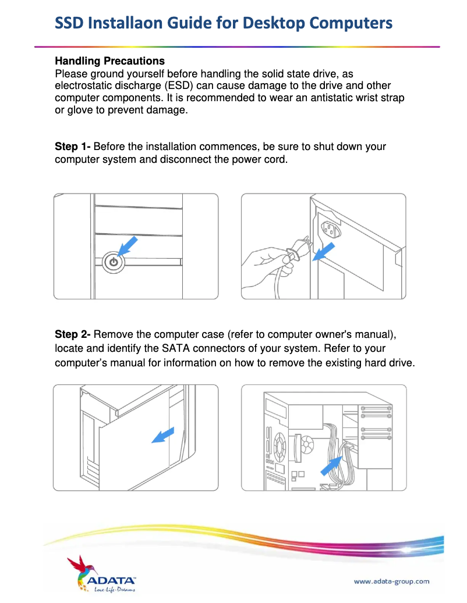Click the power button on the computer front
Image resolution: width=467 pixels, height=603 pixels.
click(x=114, y=262)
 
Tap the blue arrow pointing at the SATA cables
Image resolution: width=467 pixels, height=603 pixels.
click(x=331, y=465)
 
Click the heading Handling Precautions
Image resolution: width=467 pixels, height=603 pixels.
click(x=109, y=61)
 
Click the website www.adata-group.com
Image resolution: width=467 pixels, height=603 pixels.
click(x=391, y=581)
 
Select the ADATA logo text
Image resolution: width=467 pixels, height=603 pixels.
click(x=111, y=580)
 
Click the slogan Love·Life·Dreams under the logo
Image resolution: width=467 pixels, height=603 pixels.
click(x=114, y=590)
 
